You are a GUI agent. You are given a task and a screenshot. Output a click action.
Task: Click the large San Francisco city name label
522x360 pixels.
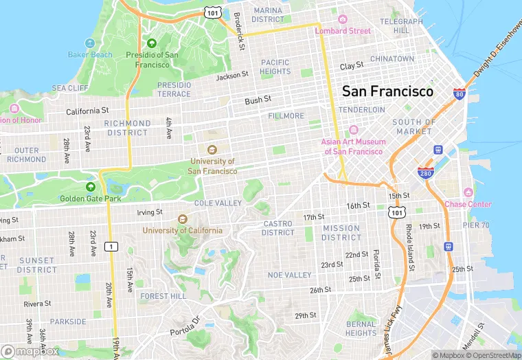pos(387,91)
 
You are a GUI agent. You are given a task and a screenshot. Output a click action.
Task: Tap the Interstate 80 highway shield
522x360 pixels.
pos(459,94)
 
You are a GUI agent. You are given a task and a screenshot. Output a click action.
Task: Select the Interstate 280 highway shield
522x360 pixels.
pos(425,172)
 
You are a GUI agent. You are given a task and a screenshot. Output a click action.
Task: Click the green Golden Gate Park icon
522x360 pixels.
pos(90,187)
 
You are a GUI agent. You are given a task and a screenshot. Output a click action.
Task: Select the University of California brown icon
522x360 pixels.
pos(182,219)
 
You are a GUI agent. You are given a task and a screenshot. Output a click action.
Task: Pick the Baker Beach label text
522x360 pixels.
pos(89,54)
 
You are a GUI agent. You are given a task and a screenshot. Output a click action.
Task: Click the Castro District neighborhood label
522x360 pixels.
pos(277,228)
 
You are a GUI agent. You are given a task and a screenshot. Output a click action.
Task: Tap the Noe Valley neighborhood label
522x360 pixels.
pos(289,275)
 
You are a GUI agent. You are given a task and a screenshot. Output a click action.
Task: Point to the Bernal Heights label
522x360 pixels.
pos(361,328)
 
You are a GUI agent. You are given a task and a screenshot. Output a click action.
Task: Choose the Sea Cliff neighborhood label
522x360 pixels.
pos(69,88)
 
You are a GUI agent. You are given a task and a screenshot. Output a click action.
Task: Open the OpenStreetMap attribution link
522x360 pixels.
pos(493,355)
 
